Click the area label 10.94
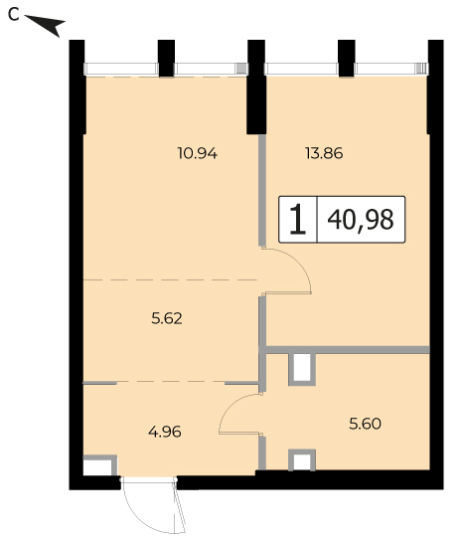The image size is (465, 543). [x=198, y=153]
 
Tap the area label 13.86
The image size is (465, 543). [x=324, y=153]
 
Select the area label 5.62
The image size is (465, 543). [x=167, y=318]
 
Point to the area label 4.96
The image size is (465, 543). [x=165, y=432]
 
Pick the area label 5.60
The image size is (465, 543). [x=365, y=424]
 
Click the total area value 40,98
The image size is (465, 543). [x=361, y=220]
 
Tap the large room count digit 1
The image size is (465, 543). [x=297, y=219]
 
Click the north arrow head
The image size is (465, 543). [x=52, y=25]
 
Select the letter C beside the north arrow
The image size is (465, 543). [x=14, y=15]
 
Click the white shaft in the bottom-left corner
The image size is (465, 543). [x=97, y=467]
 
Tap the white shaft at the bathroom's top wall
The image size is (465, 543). [x=302, y=367]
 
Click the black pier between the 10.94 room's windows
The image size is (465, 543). [x=166, y=58]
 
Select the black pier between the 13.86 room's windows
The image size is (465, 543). [x=347, y=58]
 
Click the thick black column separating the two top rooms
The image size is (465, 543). [x=256, y=87]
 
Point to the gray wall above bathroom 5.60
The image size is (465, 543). [x=348, y=350]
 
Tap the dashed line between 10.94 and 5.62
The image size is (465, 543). [x=170, y=279]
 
